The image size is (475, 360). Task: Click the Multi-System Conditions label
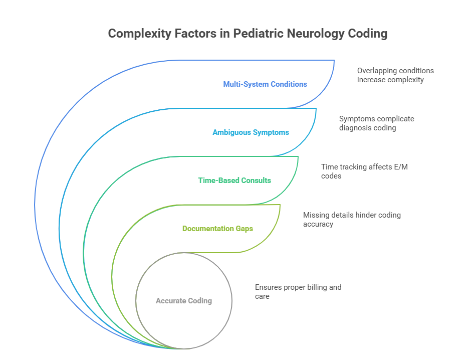pyautogui.click(x=265, y=84)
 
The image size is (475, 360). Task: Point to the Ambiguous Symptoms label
pyautogui.click(x=251, y=132)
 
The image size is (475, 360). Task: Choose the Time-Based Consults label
pyautogui.click(x=234, y=180)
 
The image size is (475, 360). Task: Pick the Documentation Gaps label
pyautogui.click(x=217, y=229)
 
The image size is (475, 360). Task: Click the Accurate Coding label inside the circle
pyautogui.click(x=184, y=301)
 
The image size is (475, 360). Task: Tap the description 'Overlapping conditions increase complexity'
pyautogui.click(x=395, y=75)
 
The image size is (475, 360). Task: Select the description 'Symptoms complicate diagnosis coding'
pyautogui.click(x=376, y=123)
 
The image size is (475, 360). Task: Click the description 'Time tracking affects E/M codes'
pyautogui.click(x=364, y=171)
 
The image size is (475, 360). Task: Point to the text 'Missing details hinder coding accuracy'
pyautogui.click(x=352, y=219)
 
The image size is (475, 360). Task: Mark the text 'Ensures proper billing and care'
pyautogui.click(x=298, y=292)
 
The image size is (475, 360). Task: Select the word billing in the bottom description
pyautogui.click(x=310, y=287)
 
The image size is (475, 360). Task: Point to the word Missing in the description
pyautogui.click(x=316, y=215)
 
